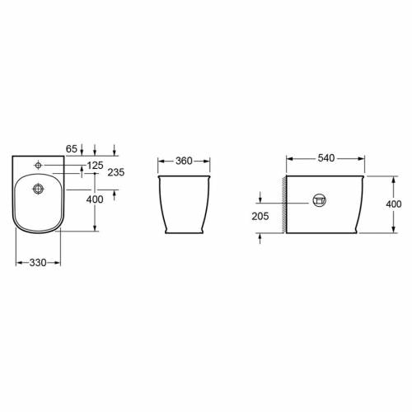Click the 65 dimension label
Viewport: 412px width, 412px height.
tap(70, 149)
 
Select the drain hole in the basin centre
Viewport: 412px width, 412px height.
tap(38, 189)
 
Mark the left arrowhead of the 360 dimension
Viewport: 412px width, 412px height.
tap(160, 161)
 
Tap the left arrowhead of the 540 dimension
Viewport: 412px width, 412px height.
tap(288, 156)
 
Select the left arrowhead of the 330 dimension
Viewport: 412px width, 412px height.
tap(18, 263)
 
